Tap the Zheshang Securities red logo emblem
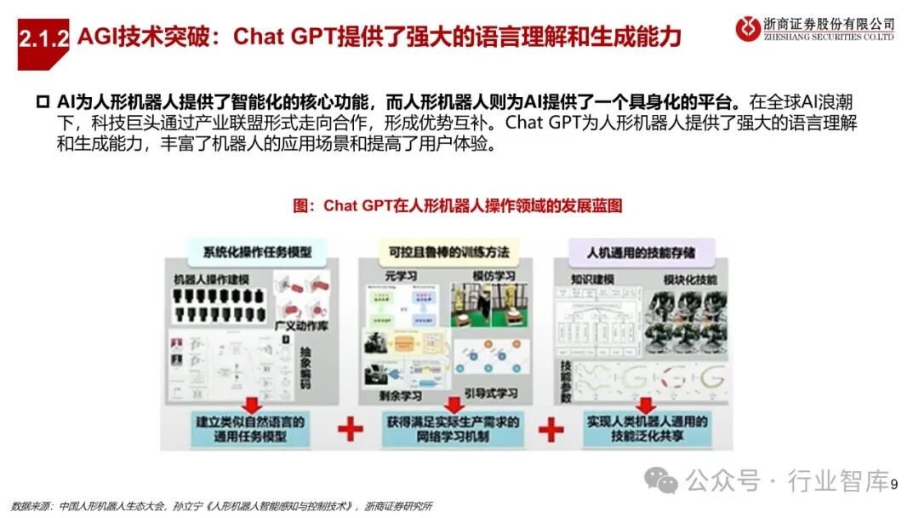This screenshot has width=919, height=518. (750, 29)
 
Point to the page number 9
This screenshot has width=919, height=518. (894, 484)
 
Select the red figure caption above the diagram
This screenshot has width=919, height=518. (458, 206)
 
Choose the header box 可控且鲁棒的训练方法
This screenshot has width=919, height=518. (449, 252)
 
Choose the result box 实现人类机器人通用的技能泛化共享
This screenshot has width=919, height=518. (647, 429)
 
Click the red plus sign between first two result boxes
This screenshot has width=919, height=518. (350, 429)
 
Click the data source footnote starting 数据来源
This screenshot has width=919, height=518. (221, 506)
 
